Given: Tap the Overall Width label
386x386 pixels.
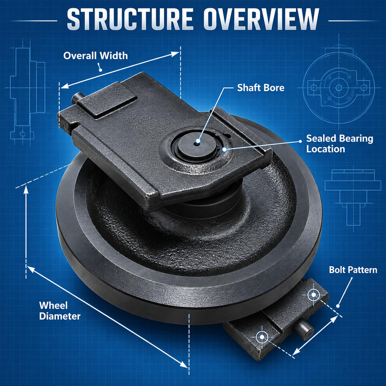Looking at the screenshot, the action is tap(96, 56).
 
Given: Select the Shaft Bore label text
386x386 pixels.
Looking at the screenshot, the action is tap(261, 88).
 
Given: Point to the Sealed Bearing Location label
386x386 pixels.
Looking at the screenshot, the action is tap(340, 144).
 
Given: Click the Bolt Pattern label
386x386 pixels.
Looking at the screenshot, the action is tap(353, 270).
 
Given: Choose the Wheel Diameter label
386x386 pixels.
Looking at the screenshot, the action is tap(60, 311).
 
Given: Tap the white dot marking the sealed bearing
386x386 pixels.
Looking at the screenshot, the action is tap(225, 149).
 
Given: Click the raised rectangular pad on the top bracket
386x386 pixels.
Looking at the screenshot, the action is tap(107, 102).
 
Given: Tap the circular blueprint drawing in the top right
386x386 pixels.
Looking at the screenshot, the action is tap(339, 88).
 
